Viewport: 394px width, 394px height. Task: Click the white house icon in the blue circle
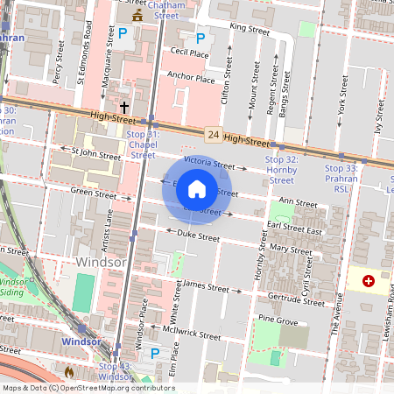(x=197, y=189)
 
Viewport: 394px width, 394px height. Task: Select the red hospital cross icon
(x=368, y=281)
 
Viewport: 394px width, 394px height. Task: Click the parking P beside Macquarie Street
(x=123, y=36)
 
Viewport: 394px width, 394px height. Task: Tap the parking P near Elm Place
(x=155, y=353)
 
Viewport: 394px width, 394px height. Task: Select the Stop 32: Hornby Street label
(x=281, y=170)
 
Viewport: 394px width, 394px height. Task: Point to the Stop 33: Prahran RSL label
(x=341, y=172)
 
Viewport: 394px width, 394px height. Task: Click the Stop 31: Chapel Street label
(x=142, y=144)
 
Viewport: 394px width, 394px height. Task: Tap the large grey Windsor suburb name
(x=102, y=262)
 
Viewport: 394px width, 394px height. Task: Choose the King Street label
(x=249, y=28)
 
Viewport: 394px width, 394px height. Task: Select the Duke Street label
(x=198, y=236)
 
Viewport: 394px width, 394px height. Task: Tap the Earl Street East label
(x=295, y=226)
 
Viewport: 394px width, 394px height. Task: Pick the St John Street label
(x=96, y=153)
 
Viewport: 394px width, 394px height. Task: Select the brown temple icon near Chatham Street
(x=137, y=17)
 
